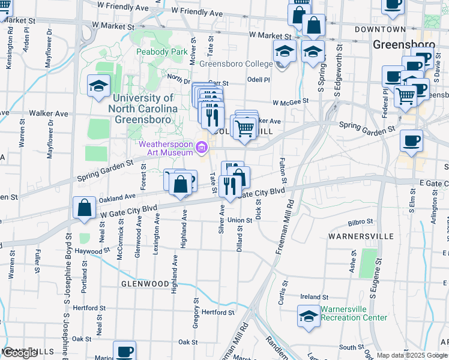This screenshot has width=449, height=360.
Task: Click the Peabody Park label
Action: coord(170,53)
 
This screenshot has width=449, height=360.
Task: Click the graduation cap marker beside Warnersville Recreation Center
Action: coord(309,316)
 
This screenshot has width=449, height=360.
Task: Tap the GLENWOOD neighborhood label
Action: coord(145,283)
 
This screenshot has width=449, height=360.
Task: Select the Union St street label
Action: coord(240,220)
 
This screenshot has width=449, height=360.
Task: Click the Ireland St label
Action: coord(315,297)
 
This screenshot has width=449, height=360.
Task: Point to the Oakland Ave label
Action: coord(117,197)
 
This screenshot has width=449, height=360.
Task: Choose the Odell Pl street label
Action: coord(259,79)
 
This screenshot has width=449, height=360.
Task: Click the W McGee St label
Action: coord(290,102)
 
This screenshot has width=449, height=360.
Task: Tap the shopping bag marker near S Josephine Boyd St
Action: coord(85,208)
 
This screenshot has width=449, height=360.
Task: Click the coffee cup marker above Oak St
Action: coord(124,352)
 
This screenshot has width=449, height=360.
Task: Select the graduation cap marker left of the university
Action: coord(98,86)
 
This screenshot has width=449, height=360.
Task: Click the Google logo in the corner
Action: coord(20,353)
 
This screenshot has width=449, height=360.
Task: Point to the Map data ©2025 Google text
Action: coord(412,356)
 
